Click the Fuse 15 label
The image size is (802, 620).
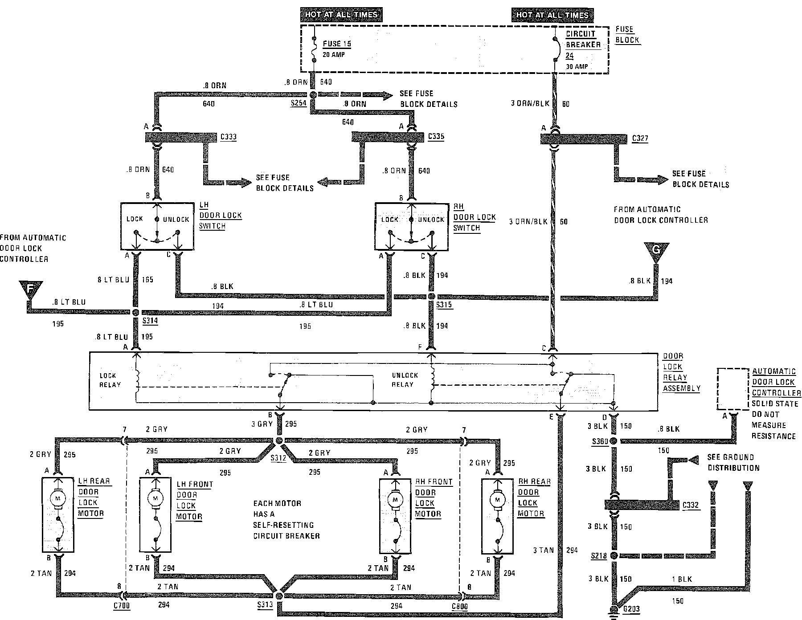(x=337, y=44)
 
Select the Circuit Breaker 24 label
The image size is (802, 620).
(x=583, y=45)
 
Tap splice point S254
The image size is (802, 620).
(x=313, y=95)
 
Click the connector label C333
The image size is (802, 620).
(x=228, y=137)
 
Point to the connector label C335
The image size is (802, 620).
(x=436, y=136)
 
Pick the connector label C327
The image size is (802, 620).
(x=640, y=139)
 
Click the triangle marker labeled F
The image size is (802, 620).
(x=30, y=289)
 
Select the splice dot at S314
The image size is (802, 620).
(x=136, y=313)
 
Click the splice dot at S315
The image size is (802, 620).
(x=431, y=296)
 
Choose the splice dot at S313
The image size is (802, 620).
(x=279, y=596)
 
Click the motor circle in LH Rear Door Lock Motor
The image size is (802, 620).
(x=57, y=497)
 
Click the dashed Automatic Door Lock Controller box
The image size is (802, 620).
(x=732, y=389)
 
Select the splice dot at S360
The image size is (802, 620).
(x=614, y=441)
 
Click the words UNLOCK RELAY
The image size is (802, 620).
(x=405, y=379)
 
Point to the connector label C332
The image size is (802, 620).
(x=691, y=506)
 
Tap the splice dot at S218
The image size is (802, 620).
(x=614, y=556)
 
